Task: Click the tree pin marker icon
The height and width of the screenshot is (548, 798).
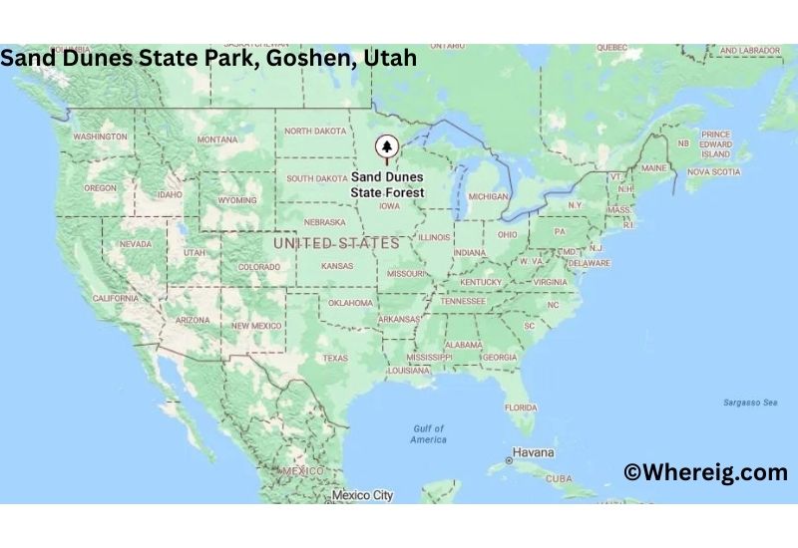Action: pos(385,148)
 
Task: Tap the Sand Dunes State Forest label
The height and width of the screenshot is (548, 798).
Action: pos(387,184)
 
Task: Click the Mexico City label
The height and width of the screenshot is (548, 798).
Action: pos(364,495)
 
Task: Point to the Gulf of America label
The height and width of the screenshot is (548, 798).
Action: pos(429,434)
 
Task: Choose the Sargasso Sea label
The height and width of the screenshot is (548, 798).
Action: pos(750,403)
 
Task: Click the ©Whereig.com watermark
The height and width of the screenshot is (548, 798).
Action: pos(705,472)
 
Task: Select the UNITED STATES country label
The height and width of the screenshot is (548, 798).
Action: pos(336,243)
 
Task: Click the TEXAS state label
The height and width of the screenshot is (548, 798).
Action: pos(335,359)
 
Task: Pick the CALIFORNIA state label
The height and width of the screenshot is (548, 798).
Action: pos(116,298)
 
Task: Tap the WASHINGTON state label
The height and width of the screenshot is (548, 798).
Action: pos(100,136)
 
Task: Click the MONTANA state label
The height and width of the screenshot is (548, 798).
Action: pos(217,139)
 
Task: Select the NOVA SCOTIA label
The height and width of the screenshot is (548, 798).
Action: pos(713,171)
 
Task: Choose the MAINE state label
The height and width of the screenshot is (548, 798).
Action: pos(654,168)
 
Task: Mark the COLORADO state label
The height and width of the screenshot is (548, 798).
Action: pos(258,267)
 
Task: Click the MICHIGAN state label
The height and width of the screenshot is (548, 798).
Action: pos(488,196)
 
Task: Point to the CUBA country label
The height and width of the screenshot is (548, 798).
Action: pos(559,478)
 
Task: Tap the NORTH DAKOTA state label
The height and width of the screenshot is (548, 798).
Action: pos(316,131)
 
